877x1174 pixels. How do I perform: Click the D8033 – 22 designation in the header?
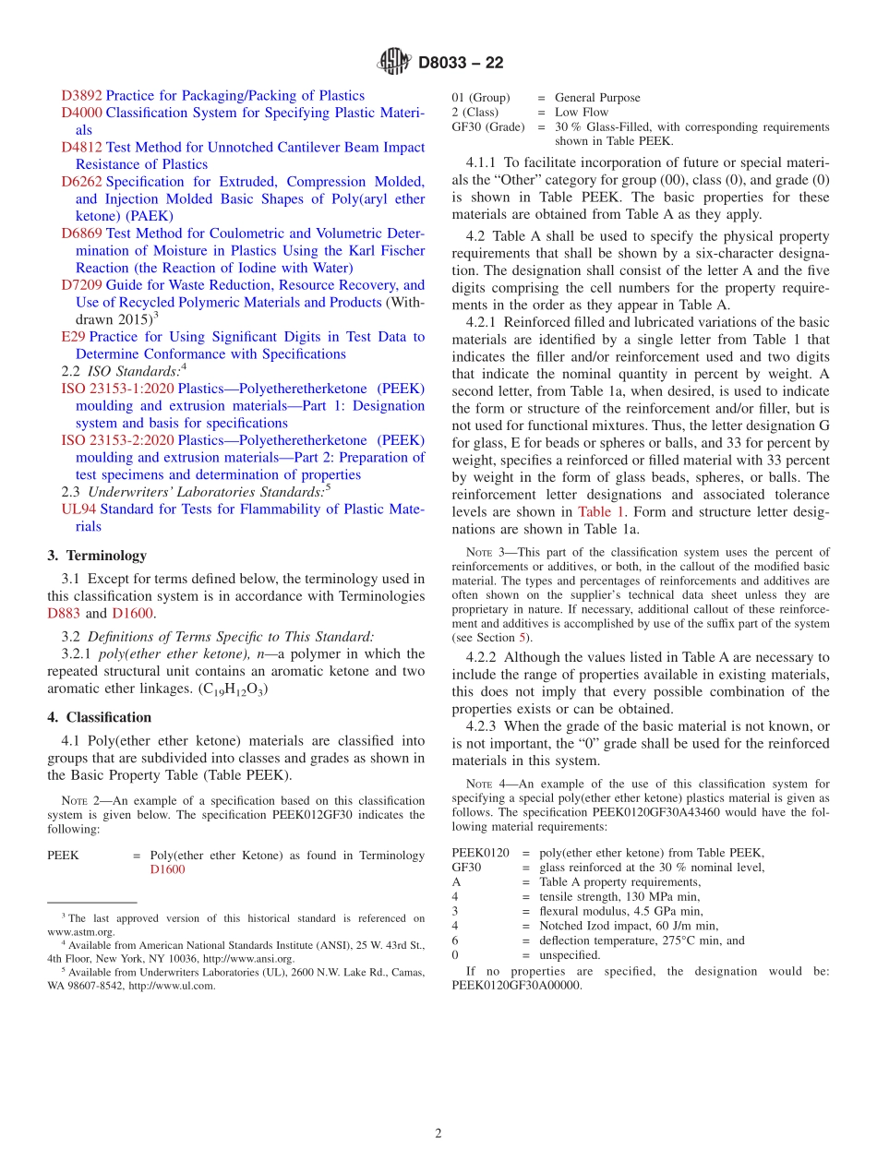tap(461, 64)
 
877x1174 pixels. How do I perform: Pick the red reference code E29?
tap(73, 337)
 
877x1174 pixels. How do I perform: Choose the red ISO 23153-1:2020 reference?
tap(117, 389)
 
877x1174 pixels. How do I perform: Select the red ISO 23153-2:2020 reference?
tap(117, 440)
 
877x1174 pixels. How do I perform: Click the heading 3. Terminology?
tap(97, 556)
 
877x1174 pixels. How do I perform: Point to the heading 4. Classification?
tap(100, 717)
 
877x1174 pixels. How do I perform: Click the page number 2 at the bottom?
tap(438, 1133)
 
